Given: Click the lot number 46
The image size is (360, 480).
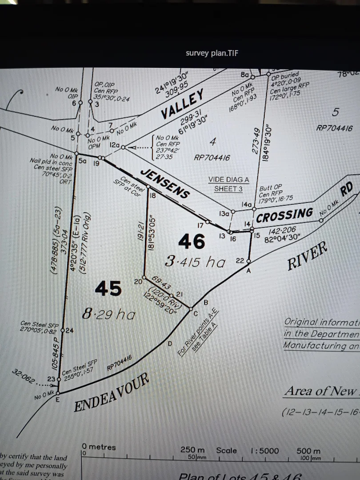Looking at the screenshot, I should click(192, 241).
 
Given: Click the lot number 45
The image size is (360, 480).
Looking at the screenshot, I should click(108, 288).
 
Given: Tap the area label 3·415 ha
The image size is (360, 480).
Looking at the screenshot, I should click(195, 262).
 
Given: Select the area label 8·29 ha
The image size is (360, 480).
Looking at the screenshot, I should click(108, 314).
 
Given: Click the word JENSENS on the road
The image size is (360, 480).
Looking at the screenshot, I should click(165, 183).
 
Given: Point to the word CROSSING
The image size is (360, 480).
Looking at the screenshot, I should click(284, 215).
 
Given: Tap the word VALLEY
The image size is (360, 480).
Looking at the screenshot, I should click(183, 104).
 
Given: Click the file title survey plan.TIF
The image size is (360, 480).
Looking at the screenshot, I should click(212, 53).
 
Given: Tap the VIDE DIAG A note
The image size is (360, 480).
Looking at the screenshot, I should click(229, 180).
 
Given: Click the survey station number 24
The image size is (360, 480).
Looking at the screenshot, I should click(70, 330).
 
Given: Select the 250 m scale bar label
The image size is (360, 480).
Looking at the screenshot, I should click(192, 450).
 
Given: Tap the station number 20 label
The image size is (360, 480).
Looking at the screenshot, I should click(138, 281).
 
